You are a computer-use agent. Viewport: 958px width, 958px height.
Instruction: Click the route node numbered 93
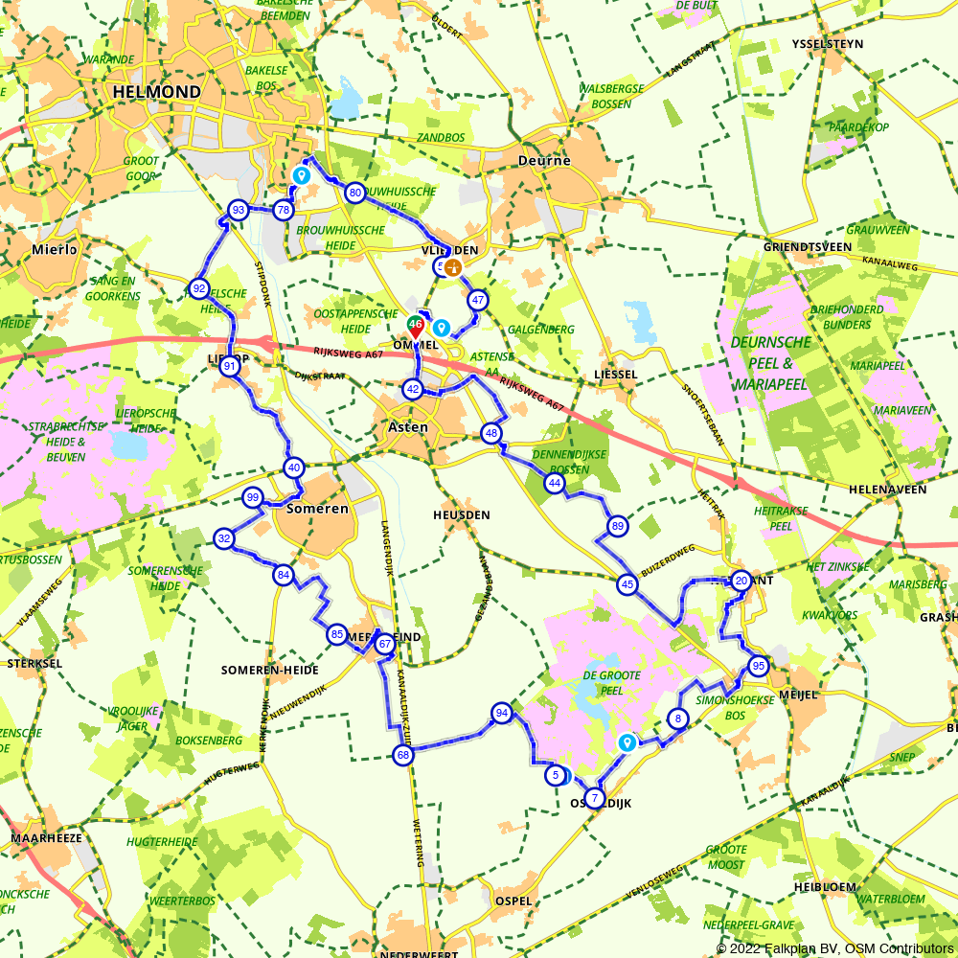pyautogui.click(x=238, y=210)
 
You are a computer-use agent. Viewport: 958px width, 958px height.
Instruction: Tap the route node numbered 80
pyautogui.click(x=354, y=192)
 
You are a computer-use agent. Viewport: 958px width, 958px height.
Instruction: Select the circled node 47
pyautogui.click(x=477, y=300)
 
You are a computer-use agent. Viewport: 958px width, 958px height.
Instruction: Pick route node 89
pyautogui.click(x=617, y=526)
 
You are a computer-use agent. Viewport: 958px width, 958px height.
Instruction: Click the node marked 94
pyautogui.click(x=501, y=712)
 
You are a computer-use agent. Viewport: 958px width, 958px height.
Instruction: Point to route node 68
pyautogui.click(x=402, y=755)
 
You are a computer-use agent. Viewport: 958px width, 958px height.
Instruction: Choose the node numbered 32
pyautogui.click(x=223, y=538)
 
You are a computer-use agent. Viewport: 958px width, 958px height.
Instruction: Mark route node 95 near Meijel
pyautogui.click(x=758, y=666)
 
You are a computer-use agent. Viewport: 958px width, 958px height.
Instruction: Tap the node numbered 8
pyautogui.click(x=677, y=718)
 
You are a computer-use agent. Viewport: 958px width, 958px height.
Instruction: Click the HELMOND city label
pyautogui.click(x=156, y=92)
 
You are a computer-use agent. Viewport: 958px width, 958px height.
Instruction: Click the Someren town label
pyautogui.click(x=318, y=509)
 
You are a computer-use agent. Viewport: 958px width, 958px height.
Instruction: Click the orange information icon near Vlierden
pyautogui.click(x=452, y=267)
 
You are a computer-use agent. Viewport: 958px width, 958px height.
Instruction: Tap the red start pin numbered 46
pyautogui.click(x=416, y=327)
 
